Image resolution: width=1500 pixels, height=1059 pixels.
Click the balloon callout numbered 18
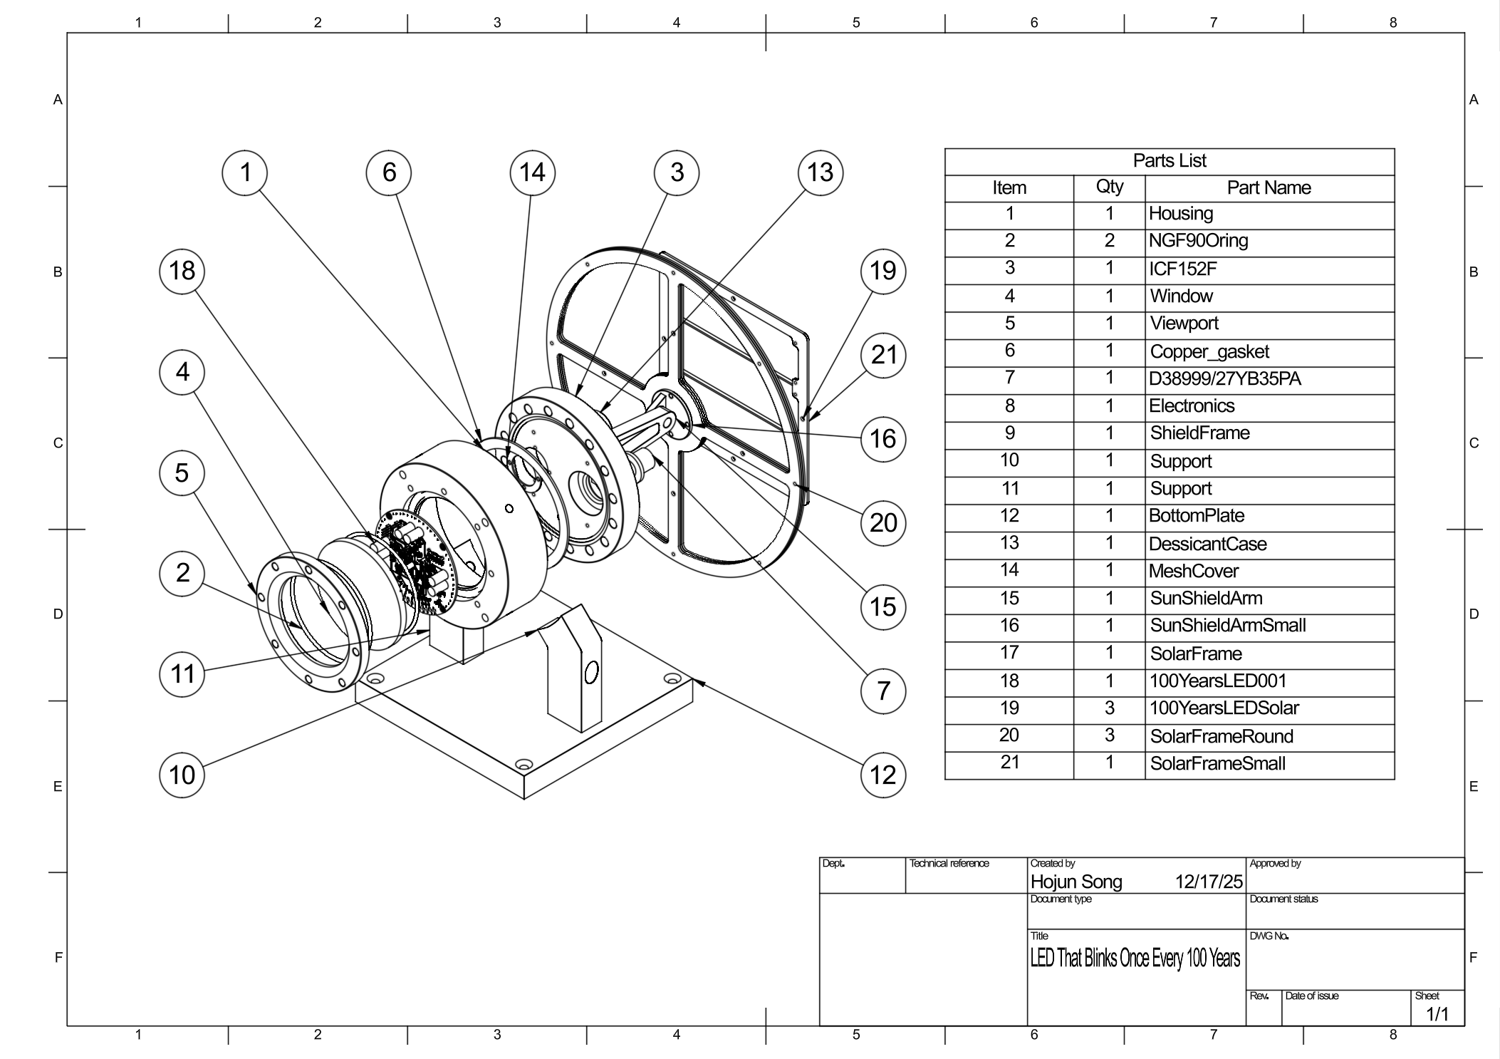[x=182, y=271]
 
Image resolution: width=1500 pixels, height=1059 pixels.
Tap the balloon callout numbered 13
[x=820, y=172]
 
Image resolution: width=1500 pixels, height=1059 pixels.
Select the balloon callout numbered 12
[x=883, y=775]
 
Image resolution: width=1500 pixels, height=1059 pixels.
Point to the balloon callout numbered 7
[x=883, y=691]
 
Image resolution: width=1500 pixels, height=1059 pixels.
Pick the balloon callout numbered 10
[x=182, y=775]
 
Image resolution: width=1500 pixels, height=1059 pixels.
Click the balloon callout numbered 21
[x=883, y=354]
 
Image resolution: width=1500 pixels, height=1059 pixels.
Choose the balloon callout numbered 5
[x=182, y=472]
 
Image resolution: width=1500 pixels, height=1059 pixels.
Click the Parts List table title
[x=1169, y=161]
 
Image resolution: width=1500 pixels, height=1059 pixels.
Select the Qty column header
[x=1109, y=187]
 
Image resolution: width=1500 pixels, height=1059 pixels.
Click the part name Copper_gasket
[x=1209, y=351]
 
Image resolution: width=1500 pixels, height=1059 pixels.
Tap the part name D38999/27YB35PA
[x=1224, y=378]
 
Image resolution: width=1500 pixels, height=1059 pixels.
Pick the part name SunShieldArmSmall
[x=1228, y=626]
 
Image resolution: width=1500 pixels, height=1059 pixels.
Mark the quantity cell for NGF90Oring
[x=1109, y=241]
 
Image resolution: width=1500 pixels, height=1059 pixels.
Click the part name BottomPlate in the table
[x=1197, y=516]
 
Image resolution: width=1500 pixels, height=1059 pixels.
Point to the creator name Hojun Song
[x=1076, y=882]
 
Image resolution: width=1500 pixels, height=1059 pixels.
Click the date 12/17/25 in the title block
[x=1209, y=882]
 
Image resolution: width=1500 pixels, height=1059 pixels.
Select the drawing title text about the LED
[x=1135, y=959]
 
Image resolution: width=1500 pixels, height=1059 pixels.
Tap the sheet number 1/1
[x=1437, y=1014]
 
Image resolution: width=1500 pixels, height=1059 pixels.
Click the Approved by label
[x=1275, y=864]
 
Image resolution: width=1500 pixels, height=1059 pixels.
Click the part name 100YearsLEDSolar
[x=1224, y=708]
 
